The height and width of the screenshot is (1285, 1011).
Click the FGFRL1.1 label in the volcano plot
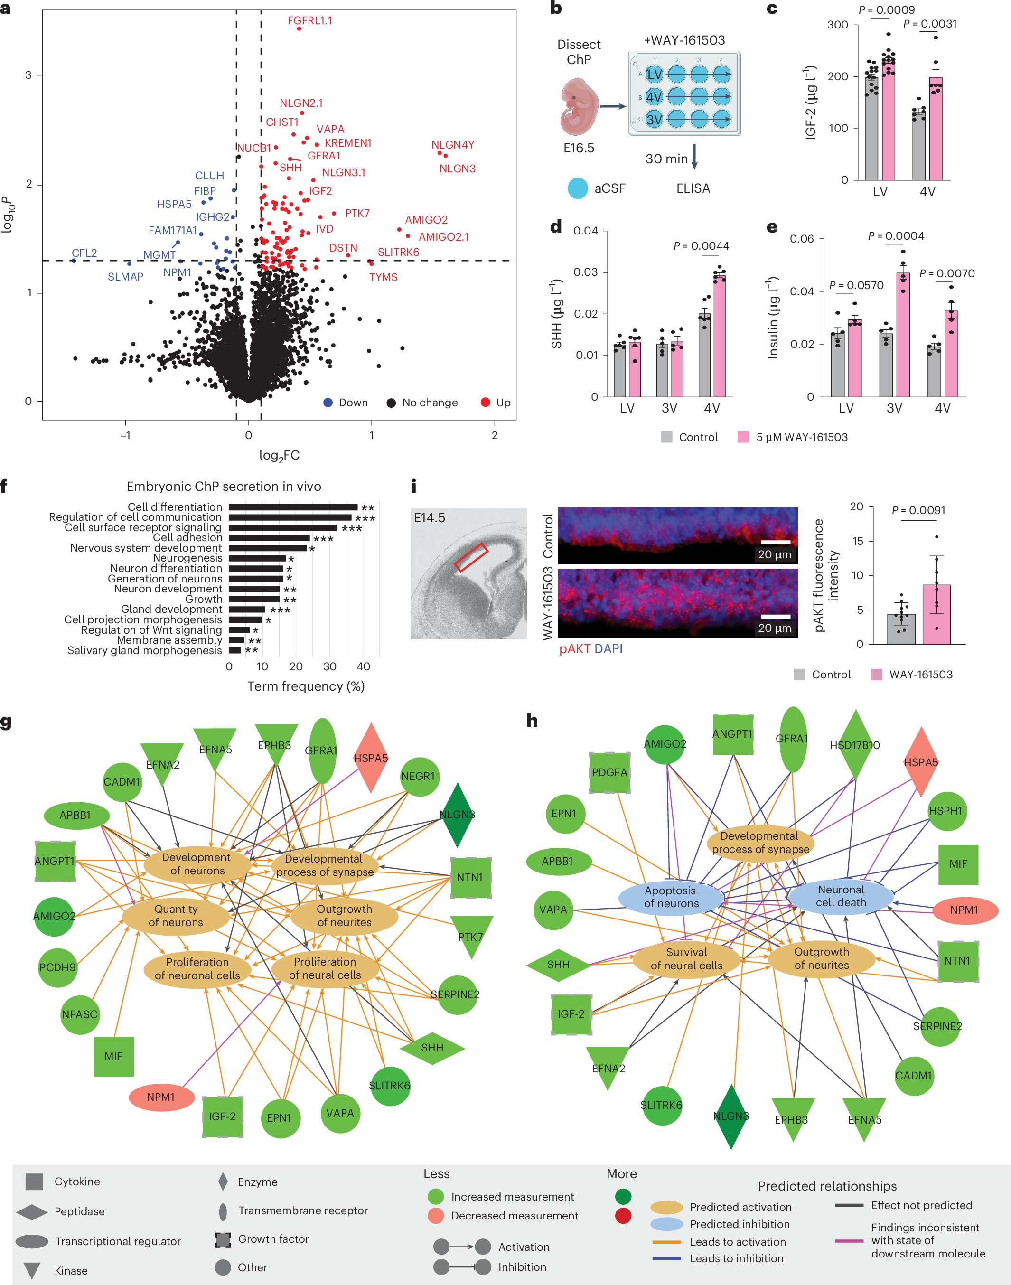pyautogui.click(x=309, y=21)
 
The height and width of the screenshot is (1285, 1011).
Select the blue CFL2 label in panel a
pyautogui.click(x=84, y=253)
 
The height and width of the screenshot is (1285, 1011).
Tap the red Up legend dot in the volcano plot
pyautogui.click(x=486, y=403)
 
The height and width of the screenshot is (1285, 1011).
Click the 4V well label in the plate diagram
pyautogui.click(x=654, y=97)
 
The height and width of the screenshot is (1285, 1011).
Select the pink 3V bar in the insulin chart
pyautogui.click(x=903, y=334)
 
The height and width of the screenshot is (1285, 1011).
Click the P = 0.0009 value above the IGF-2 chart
pyautogui.click(x=886, y=10)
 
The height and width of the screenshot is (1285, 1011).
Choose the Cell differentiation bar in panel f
pyautogui.click(x=293, y=507)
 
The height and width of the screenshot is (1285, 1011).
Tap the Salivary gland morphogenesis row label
pyautogui.click(x=144, y=650)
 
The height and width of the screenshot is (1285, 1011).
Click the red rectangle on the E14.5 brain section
pyautogui.click(x=471, y=558)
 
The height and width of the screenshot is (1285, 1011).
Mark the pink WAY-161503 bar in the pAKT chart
pyautogui.click(x=936, y=614)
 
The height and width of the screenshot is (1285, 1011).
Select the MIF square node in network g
pyautogui.click(x=113, y=1057)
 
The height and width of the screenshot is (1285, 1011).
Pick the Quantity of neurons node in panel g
pyautogui.click(x=176, y=916)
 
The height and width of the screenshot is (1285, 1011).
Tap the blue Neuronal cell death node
pyautogui.click(x=841, y=896)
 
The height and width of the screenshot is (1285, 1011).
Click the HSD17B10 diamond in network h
pyautogui.click(x=854, y=745)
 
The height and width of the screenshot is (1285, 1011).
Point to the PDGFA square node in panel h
pyautogui.click(x=609, y=772)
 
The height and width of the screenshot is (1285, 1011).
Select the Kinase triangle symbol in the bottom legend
pyautogui.click(x=31, y=1270)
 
